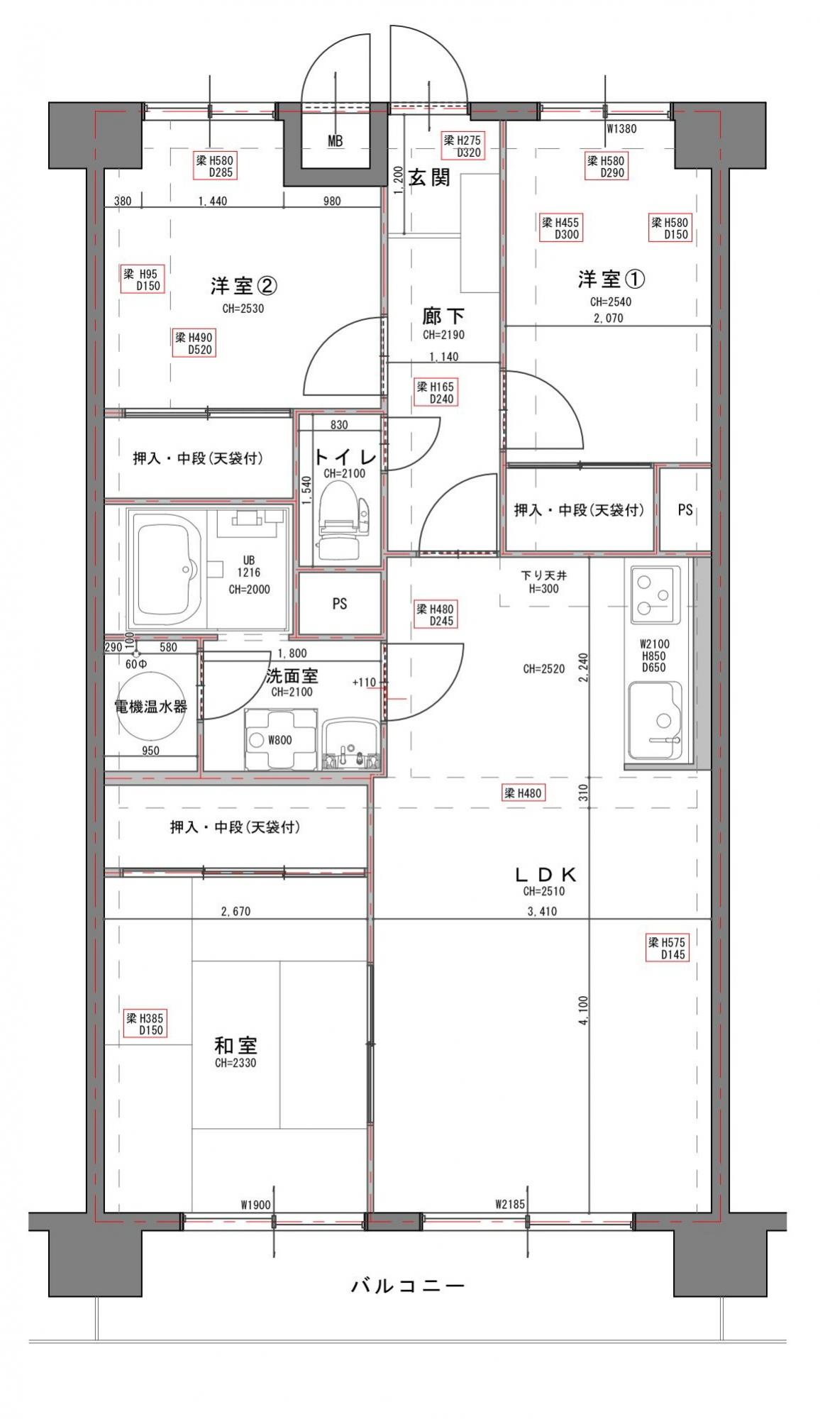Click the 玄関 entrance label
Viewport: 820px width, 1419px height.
point(430,177)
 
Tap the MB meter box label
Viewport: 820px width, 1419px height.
point(335,141)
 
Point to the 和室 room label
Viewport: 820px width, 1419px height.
point(236,1045)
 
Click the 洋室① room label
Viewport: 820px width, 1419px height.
point(611,280)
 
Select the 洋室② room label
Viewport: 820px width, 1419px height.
point(243,286)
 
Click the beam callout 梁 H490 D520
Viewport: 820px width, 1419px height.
point(194,343)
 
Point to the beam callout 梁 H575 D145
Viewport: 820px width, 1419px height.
point(667,949)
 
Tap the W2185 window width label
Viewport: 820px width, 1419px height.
point(510,1204)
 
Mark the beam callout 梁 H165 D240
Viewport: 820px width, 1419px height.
point(435,392)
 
